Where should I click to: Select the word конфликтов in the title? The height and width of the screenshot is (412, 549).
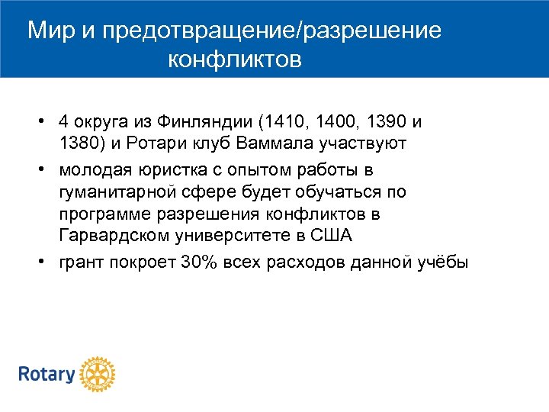coord(235,60)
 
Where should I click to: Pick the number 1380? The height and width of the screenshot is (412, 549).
coord(77,143)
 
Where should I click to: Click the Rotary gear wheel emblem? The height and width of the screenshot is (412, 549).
coord(97,375)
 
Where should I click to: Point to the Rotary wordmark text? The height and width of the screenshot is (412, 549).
coord(47,375)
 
